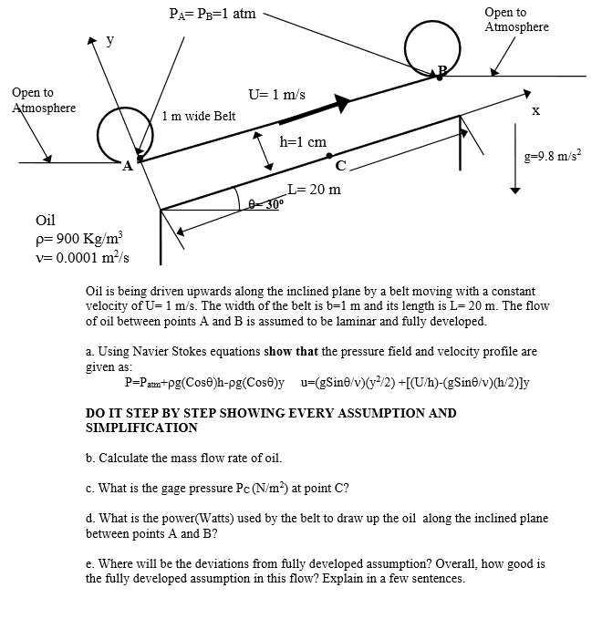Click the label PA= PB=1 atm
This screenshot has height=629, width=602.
pos(213,14)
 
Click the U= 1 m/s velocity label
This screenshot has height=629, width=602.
pos(276,95)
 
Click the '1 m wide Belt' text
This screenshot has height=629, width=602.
pos(198,117)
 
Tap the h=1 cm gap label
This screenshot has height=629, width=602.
pos(303,142)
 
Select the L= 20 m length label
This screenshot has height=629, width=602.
pos(314,190)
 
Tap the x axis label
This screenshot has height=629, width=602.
pos(535,110)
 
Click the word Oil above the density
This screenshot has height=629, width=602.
pos(46,221)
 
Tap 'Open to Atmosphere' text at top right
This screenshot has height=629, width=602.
pos(516,19)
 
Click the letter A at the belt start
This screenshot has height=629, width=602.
pos(127,166)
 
